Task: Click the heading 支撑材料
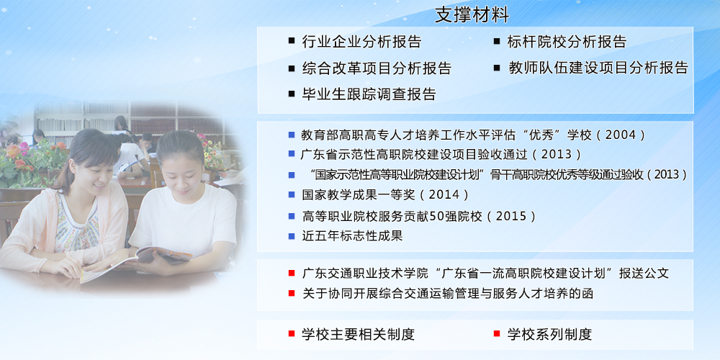tap(472, 14)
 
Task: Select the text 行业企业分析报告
tap(362, 42)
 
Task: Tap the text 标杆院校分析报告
tap(567, 42)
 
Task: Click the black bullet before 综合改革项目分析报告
tap(292, 68)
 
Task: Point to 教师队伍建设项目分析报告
tap(598, 68)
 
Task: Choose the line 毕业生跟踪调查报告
tap(369, 94)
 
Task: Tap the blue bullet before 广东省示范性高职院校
tap(292, 154)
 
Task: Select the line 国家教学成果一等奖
tap(358, 194)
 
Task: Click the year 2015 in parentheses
tap(512, 216)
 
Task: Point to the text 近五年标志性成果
tap(352, 236)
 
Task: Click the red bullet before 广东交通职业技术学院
tap(292, 274)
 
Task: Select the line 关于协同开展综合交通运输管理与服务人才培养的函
tap(448, 294)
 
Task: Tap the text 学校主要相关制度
tap(358, 334)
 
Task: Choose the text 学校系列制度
tap(549, 334)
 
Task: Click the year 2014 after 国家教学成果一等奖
tap(444, 194)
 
